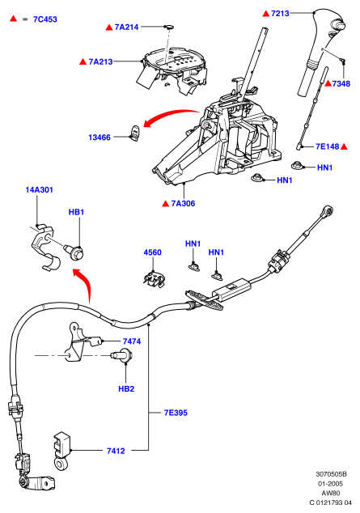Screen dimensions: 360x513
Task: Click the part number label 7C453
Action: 45,19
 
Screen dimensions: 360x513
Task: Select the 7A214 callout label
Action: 126,28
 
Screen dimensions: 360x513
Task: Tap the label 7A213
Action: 100,61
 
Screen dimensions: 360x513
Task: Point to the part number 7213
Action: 280,14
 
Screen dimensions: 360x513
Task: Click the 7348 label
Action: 341,84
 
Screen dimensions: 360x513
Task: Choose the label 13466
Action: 100,138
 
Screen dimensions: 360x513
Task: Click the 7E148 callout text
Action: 328,146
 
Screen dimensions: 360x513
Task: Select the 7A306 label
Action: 183,203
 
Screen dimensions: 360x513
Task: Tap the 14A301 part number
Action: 40,190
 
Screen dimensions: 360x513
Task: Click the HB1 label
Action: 76,212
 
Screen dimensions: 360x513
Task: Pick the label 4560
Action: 153,252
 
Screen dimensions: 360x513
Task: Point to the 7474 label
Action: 132,341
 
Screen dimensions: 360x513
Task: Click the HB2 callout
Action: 126,389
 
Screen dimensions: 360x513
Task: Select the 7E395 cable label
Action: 176,413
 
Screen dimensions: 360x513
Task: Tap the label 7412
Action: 116,452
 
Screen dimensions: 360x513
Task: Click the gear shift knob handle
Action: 322,49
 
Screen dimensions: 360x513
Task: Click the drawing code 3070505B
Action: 331,474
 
